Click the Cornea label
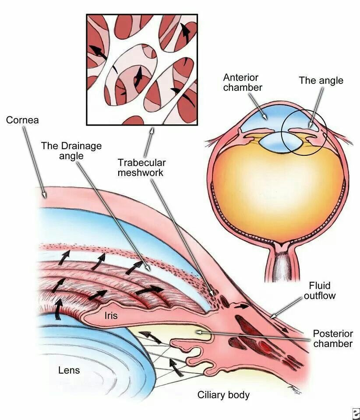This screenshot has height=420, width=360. click(x=23, y=119)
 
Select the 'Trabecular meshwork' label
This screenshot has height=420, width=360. click(x=141, y=168)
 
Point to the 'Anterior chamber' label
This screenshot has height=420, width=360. click(x=243, y=82)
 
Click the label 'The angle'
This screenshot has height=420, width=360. click(x=321, y=80)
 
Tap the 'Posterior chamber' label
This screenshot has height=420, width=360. click(x=332, y=339)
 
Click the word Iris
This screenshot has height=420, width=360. click(x=111, y=315)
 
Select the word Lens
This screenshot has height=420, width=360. click(x=69, y=370)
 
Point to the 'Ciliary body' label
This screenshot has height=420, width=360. click(x=223, y=395)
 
